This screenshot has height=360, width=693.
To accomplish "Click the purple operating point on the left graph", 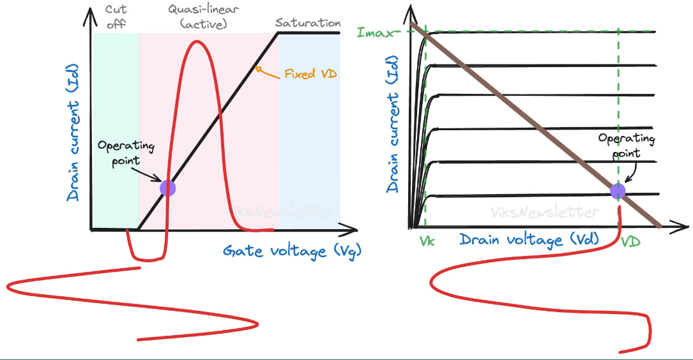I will [x=167, y=188].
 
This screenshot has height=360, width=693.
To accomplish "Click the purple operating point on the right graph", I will [x=618, y=191].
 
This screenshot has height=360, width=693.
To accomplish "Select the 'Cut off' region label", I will [x=115, y=17].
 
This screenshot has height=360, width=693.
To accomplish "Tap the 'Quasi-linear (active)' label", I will [x=199, y=17].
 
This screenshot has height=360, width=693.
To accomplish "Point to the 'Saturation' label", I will [x=308, y=23].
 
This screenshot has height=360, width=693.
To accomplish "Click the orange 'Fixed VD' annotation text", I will [x=310, y=74].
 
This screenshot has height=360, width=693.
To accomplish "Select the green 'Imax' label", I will [x=376, y=31].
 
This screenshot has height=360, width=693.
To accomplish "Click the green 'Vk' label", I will [x=427, y=242].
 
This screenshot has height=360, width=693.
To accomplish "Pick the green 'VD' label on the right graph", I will [x=630, y=243].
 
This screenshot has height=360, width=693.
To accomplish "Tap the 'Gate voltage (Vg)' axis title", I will [x=292, y=251].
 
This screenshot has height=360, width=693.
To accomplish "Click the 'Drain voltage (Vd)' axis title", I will [x=529, y=240].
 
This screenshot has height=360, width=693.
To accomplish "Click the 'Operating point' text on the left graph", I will [x=126, y=151].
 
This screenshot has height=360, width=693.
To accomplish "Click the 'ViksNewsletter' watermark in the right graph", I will [x=545, y=213].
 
